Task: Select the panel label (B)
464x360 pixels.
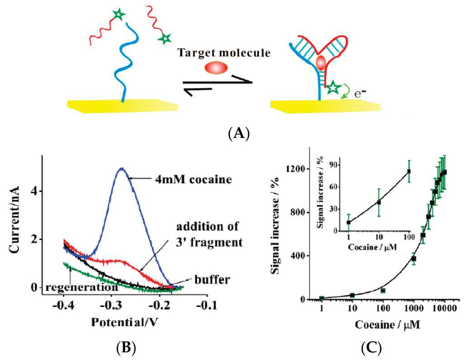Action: pyautogui.click(x=126, y=348)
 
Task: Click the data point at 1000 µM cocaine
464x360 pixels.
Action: pyautogui.click(x=414, y=258)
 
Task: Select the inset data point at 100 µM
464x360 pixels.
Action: pyautogui.click(x=409, y=171)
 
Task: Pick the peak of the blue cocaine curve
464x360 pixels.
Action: pyautogui.click(x=121, y=169)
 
